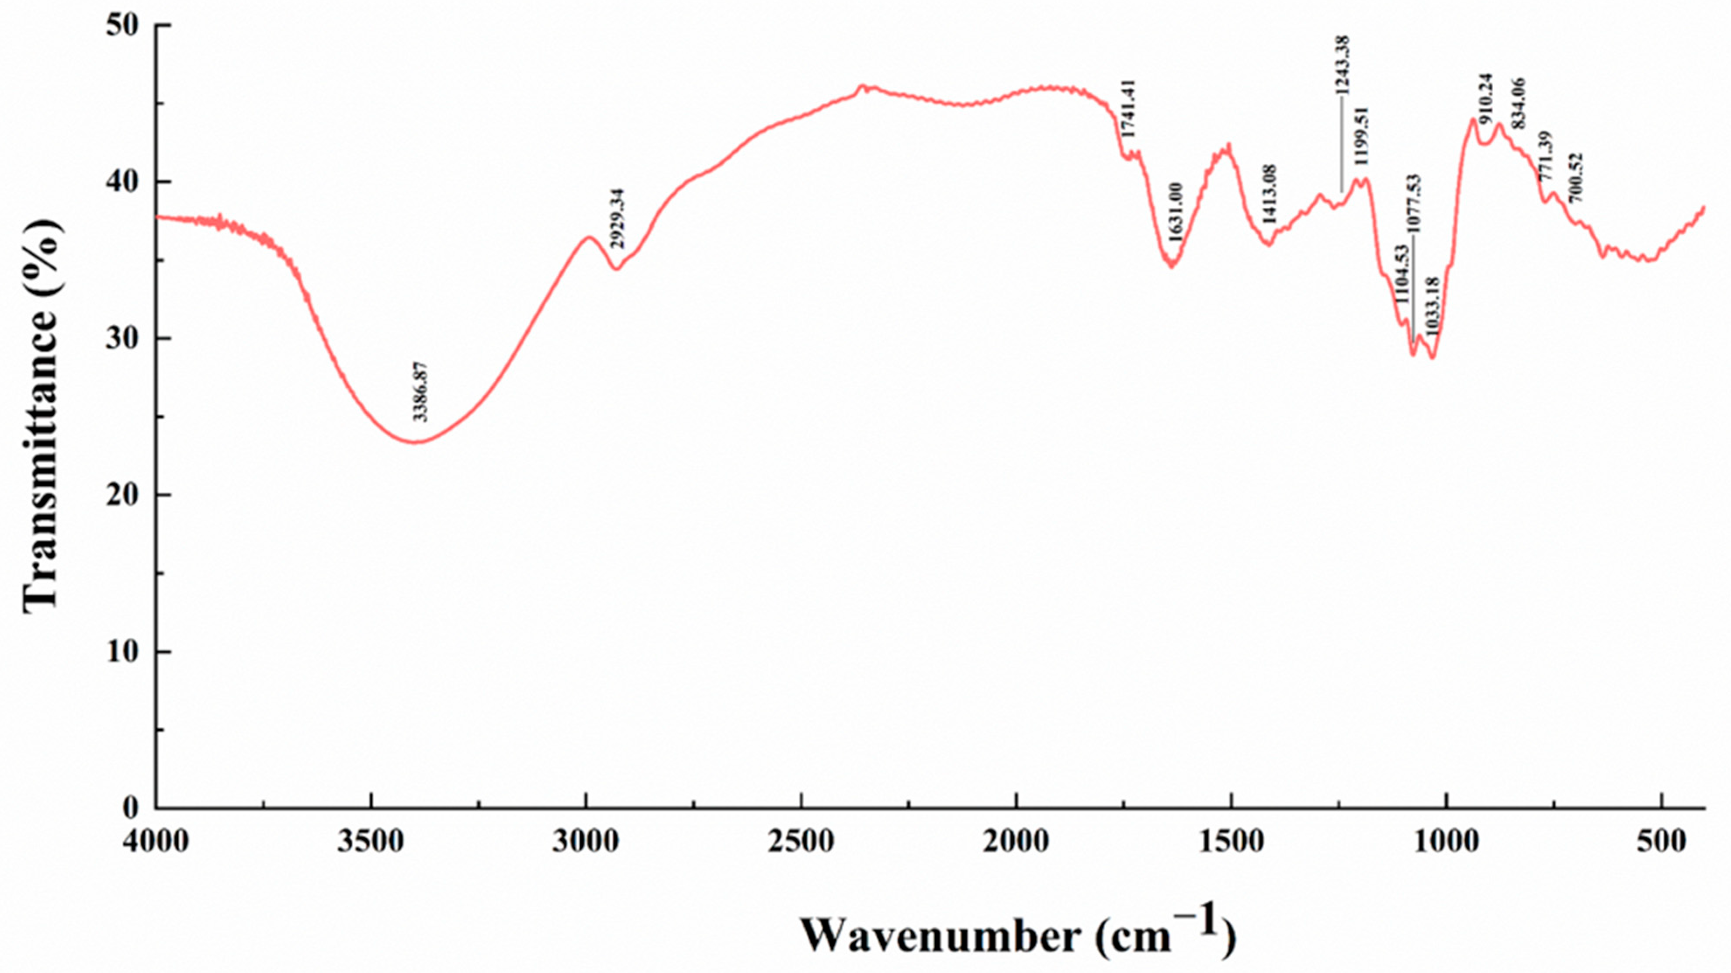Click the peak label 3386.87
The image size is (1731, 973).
pos(421,391)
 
